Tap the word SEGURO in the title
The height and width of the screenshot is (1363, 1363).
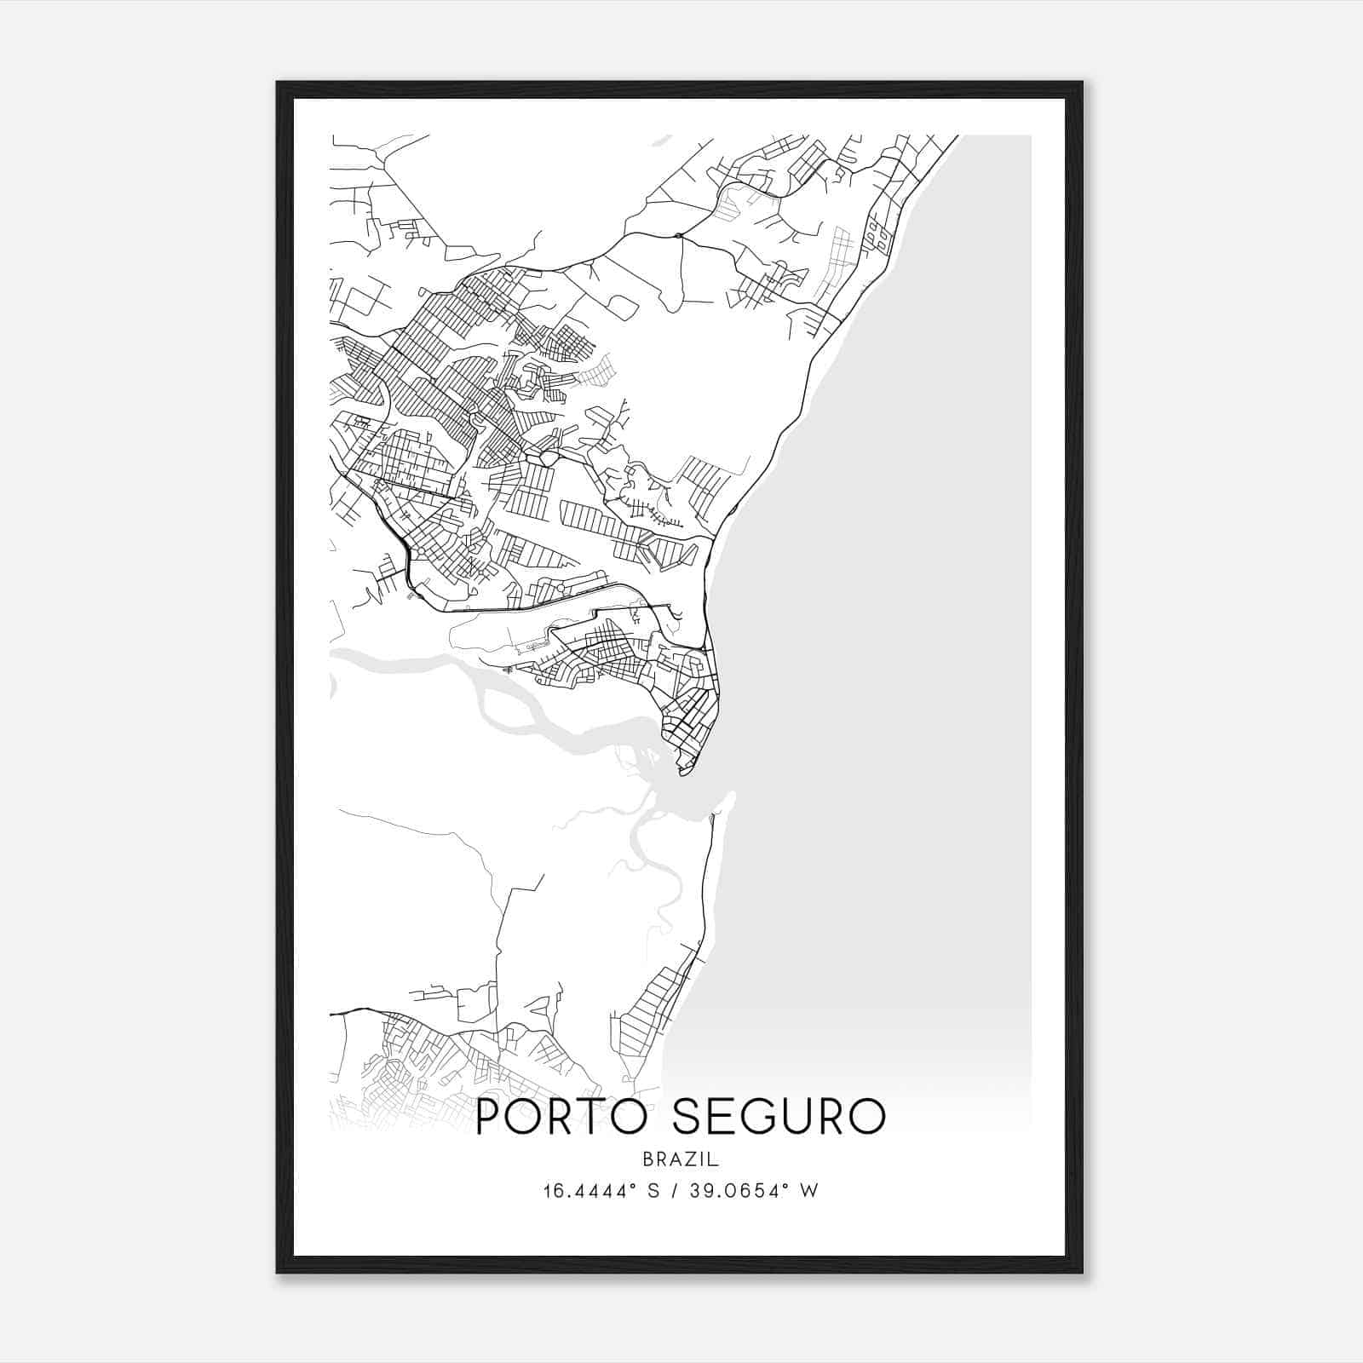pyautogui.click(x=779, y=1117)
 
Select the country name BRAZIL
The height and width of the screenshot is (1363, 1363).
pyautogui.click(x=681, y=1159)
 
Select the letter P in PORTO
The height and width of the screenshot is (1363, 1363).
pyautogui.click(x=490, y=1117)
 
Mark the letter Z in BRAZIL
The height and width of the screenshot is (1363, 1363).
pyautogui.click(x=687, y=1159)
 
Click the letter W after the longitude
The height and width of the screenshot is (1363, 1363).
pyautogui.click(x=809, y=1191)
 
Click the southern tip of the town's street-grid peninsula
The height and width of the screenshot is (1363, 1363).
pyautogui.click(x=683, y=773)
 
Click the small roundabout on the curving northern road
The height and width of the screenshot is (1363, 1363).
pyautogui.click(x=677, y=235)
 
